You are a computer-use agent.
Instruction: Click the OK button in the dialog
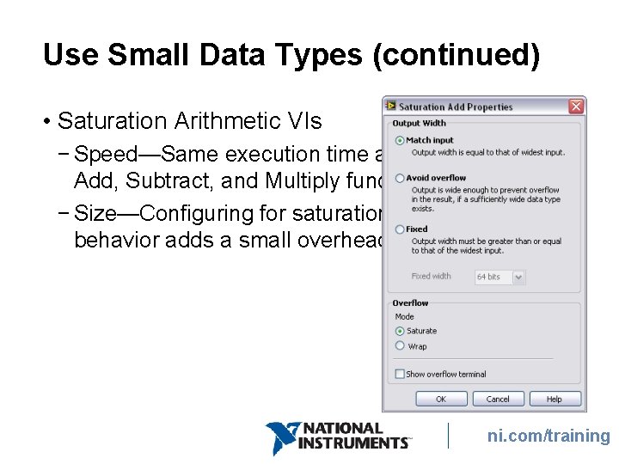(x=441, y=399)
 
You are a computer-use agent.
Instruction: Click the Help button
(x=555, y=399)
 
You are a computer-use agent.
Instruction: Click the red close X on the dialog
(x=576, y=107)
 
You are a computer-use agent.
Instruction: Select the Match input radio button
(x=400, y=140)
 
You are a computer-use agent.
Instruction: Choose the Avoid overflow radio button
(x=400, y=178)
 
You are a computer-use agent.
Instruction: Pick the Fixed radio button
(x=400, y=229)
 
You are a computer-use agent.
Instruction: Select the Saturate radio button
(x=400, y=331)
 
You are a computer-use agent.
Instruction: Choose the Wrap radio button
(x=400, y=345)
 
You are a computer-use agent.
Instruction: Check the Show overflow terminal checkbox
(x=400, y=374)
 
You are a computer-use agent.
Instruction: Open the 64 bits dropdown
(x=499, y=277)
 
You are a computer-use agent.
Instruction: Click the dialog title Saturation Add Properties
(x=455, y=107)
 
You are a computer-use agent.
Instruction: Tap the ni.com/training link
(x=549, y=436)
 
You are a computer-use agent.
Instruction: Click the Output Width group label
(x=420, y=124)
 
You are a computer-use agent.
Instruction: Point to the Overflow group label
(x=410, y=303)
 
